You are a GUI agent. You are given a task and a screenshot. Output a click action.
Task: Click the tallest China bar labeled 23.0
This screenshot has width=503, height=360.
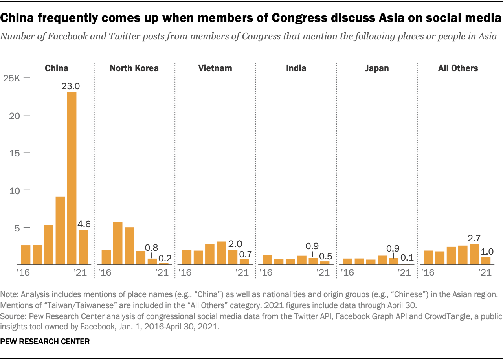72,178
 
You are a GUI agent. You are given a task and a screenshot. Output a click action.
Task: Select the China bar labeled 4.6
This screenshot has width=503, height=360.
83,247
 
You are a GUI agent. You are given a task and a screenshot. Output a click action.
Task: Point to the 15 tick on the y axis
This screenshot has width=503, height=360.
15,153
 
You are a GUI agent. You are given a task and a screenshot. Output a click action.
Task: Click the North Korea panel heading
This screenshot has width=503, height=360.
134,68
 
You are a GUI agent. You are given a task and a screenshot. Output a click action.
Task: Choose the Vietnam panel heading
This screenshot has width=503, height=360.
215,68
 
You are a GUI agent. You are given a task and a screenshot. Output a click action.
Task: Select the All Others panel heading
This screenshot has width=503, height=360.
458,68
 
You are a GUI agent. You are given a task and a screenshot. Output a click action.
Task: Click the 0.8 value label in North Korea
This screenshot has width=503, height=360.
152,248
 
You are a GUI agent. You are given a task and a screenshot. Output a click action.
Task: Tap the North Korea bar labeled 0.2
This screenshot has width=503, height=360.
163,264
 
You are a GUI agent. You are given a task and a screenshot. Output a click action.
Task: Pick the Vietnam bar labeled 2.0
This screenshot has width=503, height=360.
233,257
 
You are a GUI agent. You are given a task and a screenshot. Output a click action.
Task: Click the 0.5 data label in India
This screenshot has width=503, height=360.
325,256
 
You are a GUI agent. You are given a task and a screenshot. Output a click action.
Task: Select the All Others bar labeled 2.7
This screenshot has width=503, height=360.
474,254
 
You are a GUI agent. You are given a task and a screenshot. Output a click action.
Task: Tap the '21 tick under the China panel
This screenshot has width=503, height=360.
81,272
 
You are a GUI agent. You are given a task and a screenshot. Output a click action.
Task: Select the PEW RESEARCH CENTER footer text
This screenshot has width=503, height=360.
45,342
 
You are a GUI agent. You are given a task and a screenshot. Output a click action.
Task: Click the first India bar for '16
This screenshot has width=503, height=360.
267,260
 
